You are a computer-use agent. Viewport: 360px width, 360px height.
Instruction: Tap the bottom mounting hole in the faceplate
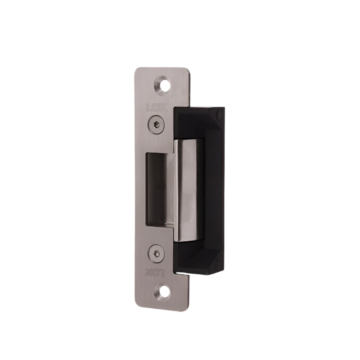point(164,292)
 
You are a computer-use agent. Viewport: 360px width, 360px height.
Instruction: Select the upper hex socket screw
point(155,124)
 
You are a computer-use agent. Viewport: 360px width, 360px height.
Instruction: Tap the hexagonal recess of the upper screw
point(155,124)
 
